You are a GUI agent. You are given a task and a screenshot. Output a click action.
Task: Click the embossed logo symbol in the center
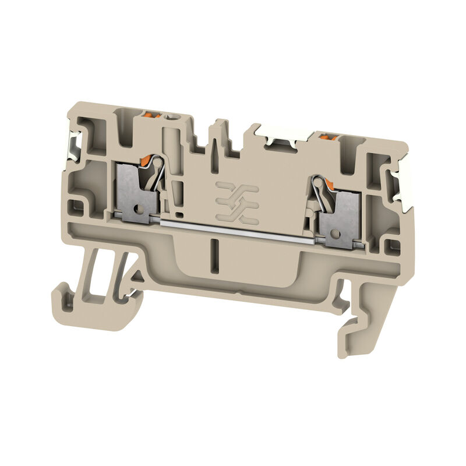click(236, 202)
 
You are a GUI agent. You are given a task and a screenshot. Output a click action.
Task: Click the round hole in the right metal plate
click(334, 234)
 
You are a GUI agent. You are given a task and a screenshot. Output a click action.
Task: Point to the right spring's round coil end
click(316, 183)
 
